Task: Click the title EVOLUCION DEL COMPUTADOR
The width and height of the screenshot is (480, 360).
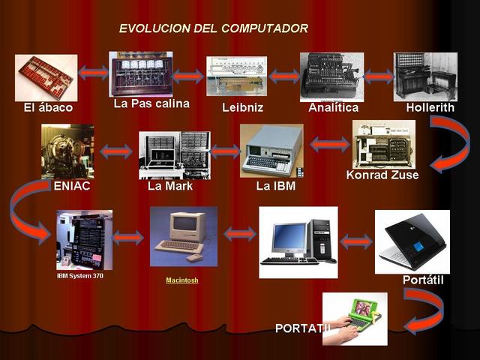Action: tap(213, 28)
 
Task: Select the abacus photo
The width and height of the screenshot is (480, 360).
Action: tap(46, 77)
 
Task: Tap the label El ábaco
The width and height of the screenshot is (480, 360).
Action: tap(48, 108)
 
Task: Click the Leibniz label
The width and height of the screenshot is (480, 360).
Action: tap(242, 108)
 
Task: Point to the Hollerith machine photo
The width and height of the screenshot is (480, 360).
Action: tap(425, 76)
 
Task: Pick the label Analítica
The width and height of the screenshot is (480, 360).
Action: tap(333, 108)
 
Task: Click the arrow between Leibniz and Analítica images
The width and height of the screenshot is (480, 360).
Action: tap(283, 76)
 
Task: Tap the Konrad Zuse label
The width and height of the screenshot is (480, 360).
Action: tap(382, 175)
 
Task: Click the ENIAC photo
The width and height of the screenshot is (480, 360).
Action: tap(67, 151)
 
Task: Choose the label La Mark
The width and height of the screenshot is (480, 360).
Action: tap(170, 186)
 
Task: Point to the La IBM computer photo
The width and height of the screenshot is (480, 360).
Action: tap(271, 150)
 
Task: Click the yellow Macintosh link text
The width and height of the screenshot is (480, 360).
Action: tap(182, 280)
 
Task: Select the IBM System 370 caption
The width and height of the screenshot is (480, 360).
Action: tap(80, 276)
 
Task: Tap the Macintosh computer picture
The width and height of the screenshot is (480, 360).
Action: tap(183, 236)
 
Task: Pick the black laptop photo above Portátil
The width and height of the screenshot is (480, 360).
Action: tap(412, 241)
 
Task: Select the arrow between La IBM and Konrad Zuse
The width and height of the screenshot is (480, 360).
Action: tap(328, 144)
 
